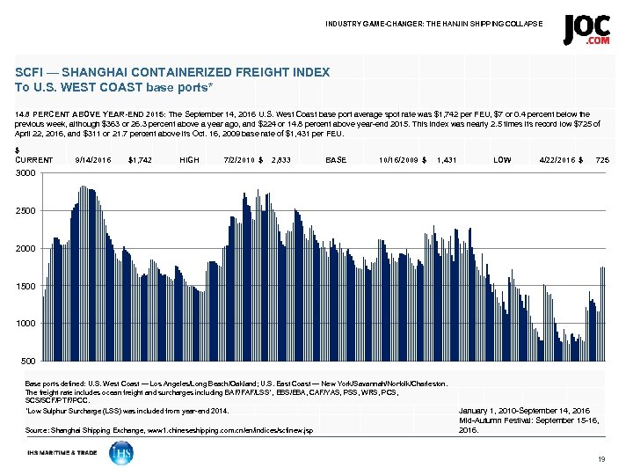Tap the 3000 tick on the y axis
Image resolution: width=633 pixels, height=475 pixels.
[26, 173]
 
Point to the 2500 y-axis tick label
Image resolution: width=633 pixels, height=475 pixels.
[26, 211]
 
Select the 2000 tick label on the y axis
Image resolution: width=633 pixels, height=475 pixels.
[26, 249]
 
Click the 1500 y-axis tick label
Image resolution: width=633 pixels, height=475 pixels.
[26, 287]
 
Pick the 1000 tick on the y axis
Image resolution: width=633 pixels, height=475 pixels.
[26, 324]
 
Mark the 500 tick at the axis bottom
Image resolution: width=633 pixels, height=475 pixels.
[29, 362]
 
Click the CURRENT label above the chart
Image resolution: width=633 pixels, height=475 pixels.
[34, 160]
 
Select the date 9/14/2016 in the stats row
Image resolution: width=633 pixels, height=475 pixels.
[93, 160]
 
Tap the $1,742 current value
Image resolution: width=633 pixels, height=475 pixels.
[140, 160]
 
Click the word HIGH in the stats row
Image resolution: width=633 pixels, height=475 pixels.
[189, 160]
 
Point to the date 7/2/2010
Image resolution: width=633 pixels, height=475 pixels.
[241, 160]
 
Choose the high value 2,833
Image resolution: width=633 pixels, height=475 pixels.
[281, 160]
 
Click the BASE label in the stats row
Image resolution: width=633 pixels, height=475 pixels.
[336, 160]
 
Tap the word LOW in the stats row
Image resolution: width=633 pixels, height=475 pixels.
[503, 160]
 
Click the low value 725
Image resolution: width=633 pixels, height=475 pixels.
[602, 160]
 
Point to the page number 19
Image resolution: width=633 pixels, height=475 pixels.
[601, 460]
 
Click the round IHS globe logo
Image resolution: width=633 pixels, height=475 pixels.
[121, 453]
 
